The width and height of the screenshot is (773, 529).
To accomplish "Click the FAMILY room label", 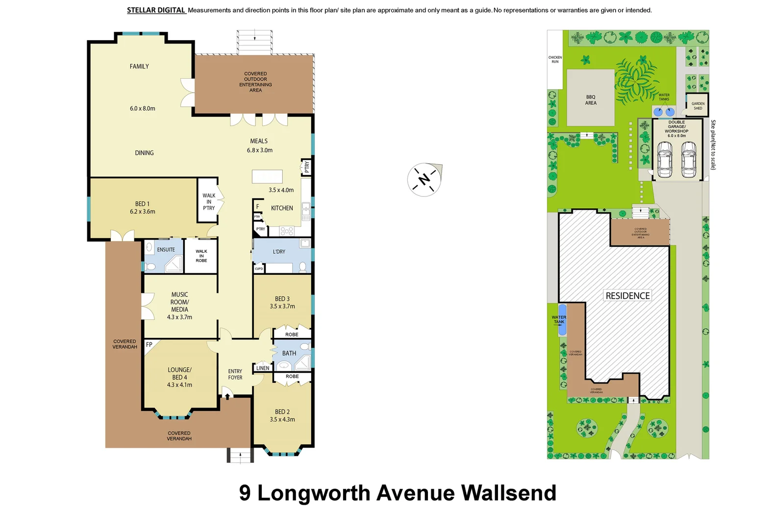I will pos(139,67).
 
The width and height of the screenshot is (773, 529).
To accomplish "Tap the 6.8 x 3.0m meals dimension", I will pos(259,150).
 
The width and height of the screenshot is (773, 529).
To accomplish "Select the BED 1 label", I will pos(142,204).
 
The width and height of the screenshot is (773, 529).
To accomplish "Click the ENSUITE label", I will pos(166,250).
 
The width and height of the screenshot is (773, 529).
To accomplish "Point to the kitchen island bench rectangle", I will pos(267,176).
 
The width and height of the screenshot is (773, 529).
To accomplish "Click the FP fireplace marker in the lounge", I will pos(149,345).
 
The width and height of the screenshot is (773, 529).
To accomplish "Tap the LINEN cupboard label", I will pos(263,368).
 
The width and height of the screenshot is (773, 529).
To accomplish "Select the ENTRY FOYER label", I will pos(235,374).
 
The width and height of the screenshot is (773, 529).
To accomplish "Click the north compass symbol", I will pos(424,179).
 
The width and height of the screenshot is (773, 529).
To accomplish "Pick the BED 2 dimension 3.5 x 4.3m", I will pos(282,419).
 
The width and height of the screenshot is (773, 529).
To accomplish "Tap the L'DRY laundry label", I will pos(279,252).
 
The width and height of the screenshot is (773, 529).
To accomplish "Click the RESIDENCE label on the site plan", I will pos(627,296).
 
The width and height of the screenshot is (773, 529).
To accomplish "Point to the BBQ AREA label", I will pos(591,100).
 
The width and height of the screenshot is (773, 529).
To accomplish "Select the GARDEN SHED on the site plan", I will pos(698,105).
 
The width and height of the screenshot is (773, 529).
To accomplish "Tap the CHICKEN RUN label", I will pos(555,60).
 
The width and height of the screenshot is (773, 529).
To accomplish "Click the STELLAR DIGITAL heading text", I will pos(156,10).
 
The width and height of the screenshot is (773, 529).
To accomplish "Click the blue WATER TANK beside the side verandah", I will pos(562,320).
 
